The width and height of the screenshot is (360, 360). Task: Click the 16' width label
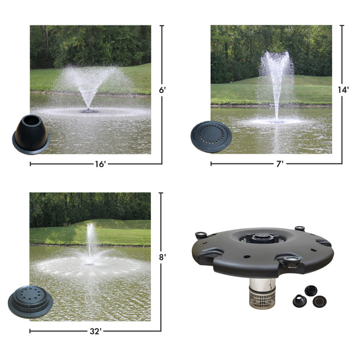pyautogui.click(x=99, y=164)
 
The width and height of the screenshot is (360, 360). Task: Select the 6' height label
pyautogui.click(x=162, y=91)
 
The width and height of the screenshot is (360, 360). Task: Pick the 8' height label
pyautogui.click(x=162, y=258)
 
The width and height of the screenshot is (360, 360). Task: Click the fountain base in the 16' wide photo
pyautogui.click(x=89, y=110)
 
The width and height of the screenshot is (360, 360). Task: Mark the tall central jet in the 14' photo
pyautogui.click(x=277, y=89)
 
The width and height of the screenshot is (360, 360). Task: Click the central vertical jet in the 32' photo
pyautogui.click(x=91, y=243)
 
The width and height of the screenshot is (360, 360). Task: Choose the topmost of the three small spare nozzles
pyautogui.click(x=308, y=288)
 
